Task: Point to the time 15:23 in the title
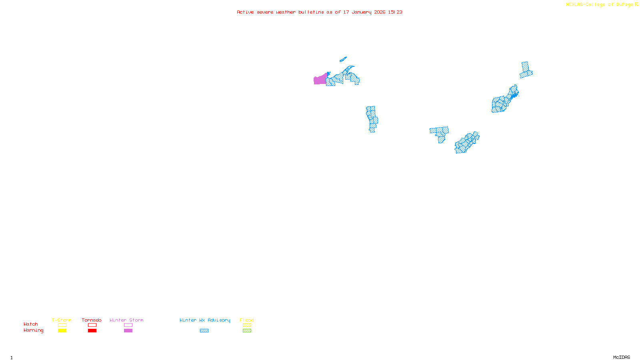(395, 12)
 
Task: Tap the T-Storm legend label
(62, 320)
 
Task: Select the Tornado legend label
(92, 320)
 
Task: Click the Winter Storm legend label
(126, 320)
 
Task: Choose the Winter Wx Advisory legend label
(205, 320)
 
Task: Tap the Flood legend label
(247, 320)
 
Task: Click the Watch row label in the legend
(31, 324)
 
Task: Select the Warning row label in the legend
(33, 330)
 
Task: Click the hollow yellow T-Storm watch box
(62, 325)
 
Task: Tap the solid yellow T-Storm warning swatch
(62, 331)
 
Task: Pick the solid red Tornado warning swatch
(92, 331)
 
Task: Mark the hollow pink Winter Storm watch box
(128, 325)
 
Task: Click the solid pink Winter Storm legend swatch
(128, 331)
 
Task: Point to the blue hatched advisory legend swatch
(204, 331)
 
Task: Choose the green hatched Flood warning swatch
(247, 331)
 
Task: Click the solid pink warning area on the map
(320, 80)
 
